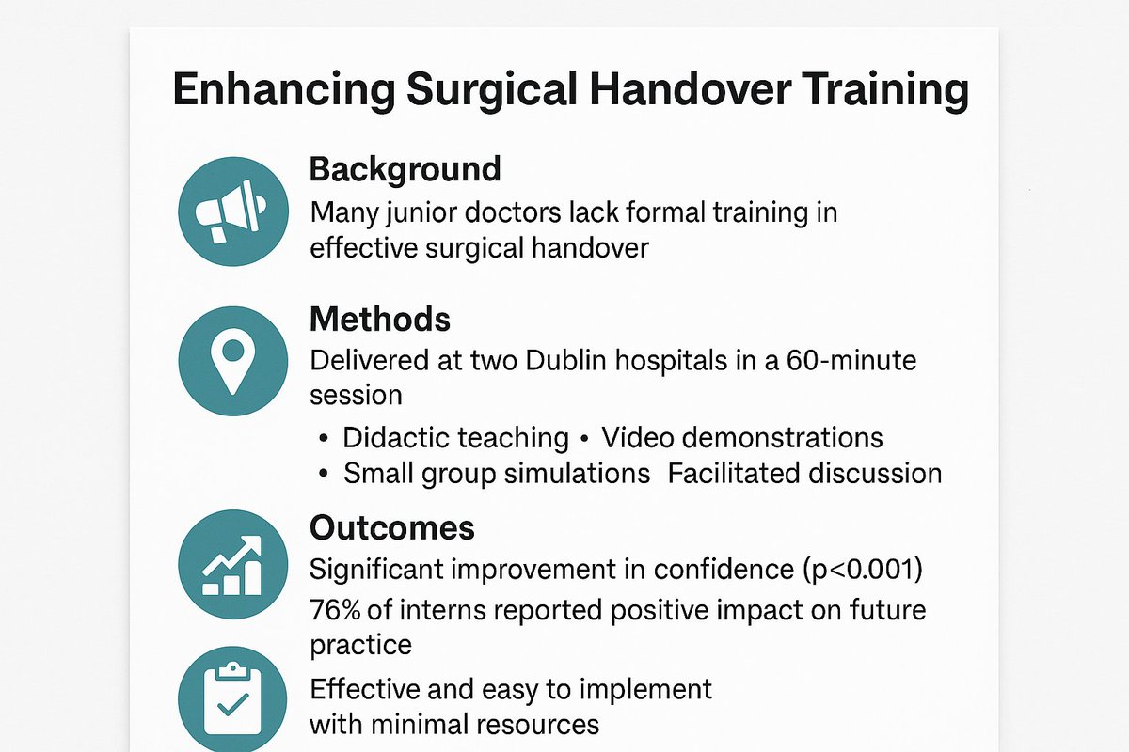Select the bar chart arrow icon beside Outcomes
click(232, 564)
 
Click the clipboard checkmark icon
click(232, 699)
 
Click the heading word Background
click(405, 170)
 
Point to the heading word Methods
click(379, 321)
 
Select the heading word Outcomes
click(391, 528)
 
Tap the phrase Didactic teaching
click(455, 437)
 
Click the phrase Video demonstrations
click(742, 437)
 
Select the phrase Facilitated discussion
click(804, 473)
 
